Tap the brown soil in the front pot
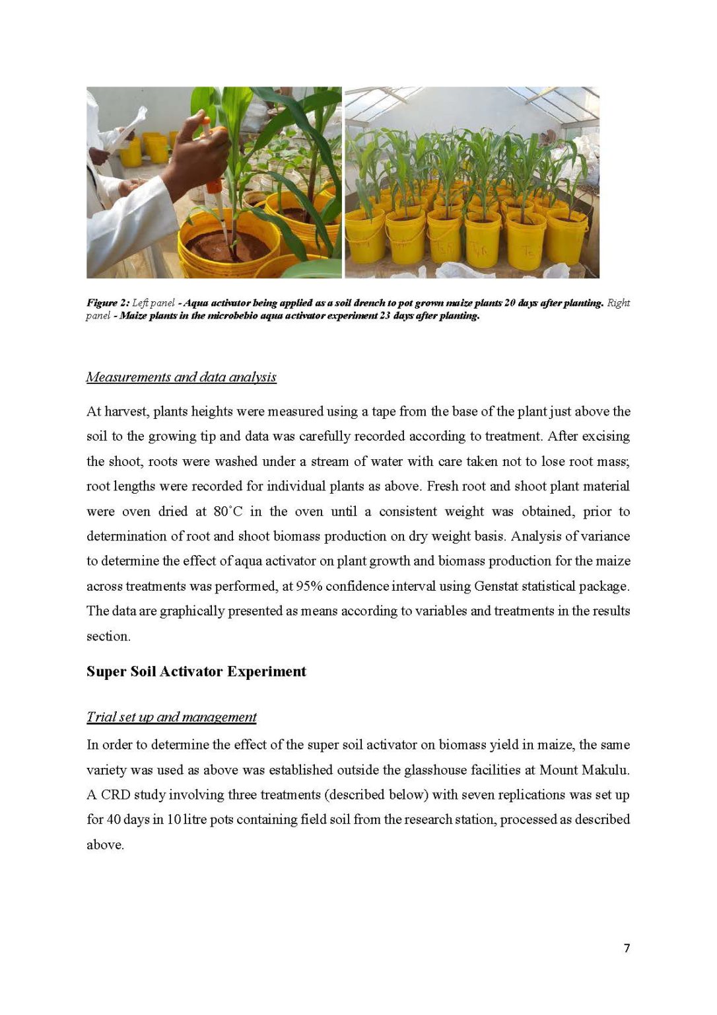(x=227, y=246)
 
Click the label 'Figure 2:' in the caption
(x=108, y=303)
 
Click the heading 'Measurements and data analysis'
(x=181, y=377)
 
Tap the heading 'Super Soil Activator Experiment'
(x=196, y=671)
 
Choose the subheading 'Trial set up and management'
(x=171, y=717)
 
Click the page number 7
(x=627, y=948)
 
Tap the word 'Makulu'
(x=607, y=770)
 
